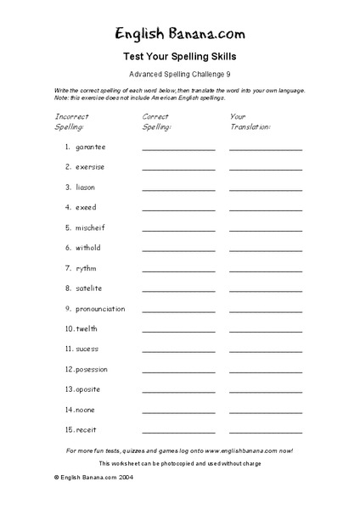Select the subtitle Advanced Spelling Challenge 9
[180, 75]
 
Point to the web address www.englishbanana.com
[239, 450]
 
